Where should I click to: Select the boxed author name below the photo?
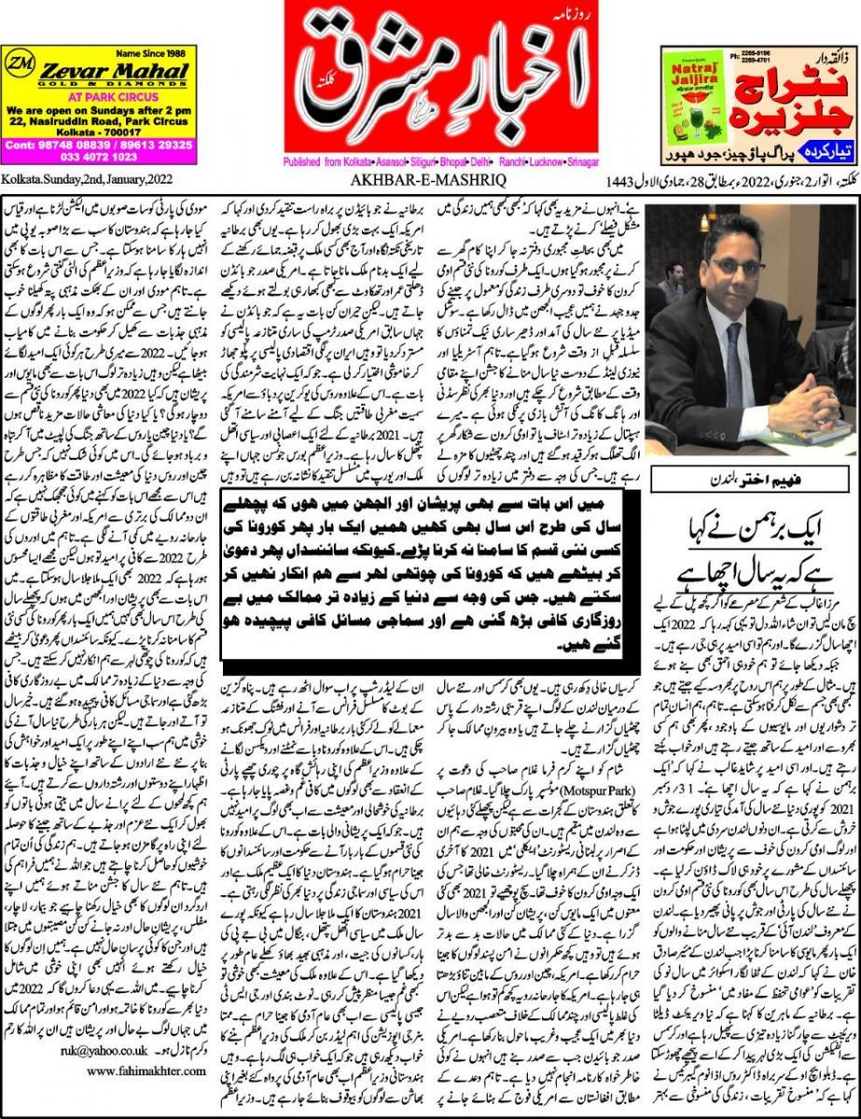pos(752,478)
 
